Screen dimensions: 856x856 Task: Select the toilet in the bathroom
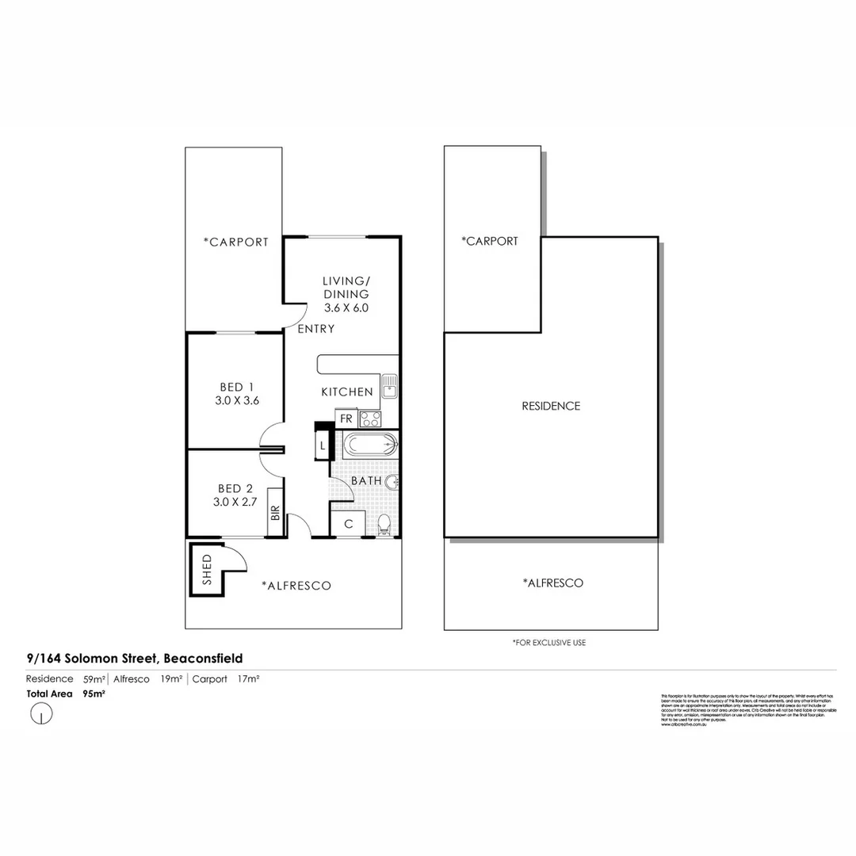[x=384, y=525]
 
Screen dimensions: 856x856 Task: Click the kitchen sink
[x=389, y=387]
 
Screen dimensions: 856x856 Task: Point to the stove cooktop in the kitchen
[x=369, y=418]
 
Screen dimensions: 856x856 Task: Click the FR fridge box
[x=346, y=418]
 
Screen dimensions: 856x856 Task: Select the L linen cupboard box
[x=323, y=447]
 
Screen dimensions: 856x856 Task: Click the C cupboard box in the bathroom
[x=349, y=524]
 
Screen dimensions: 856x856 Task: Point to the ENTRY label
[x=316, y=329]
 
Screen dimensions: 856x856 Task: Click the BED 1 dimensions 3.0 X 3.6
[x=237, y=401]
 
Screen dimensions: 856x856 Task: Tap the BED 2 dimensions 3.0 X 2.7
[x=236, y=502]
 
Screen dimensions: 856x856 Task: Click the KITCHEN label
[x=346, y=392]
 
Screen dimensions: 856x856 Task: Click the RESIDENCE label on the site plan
[x=551, y=406]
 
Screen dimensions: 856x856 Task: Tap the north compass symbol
[x=40, y=714]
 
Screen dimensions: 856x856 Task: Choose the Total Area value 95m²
[x=94, y=694]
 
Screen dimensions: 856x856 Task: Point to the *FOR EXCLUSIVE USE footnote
[x=549, y=643]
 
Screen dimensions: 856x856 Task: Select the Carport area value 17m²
[x=249, y=679]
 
